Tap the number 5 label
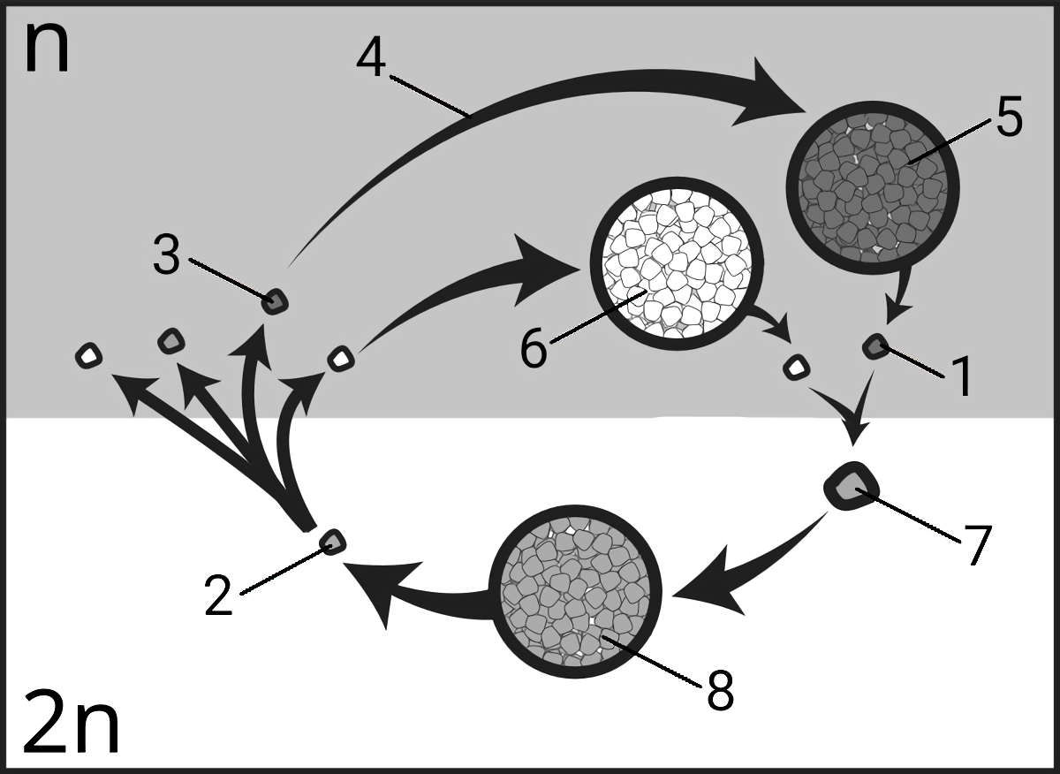pos(1009,116)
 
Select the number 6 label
pos(534,348)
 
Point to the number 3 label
pos(167,255)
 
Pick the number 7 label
pos(975,545)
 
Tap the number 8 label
pos(720,691)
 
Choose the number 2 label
pos(218,596)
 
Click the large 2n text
pos(71,722)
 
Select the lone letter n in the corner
pos(48,49)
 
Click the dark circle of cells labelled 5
pos(873,188)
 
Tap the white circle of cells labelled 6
pos(677,263)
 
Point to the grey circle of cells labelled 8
pos(575,592)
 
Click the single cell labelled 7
pos(852,486)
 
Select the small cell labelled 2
pos(333,542)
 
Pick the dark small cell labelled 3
pos(276,301)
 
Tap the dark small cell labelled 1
pos(875,346)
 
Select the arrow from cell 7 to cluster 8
pos(747,568)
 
